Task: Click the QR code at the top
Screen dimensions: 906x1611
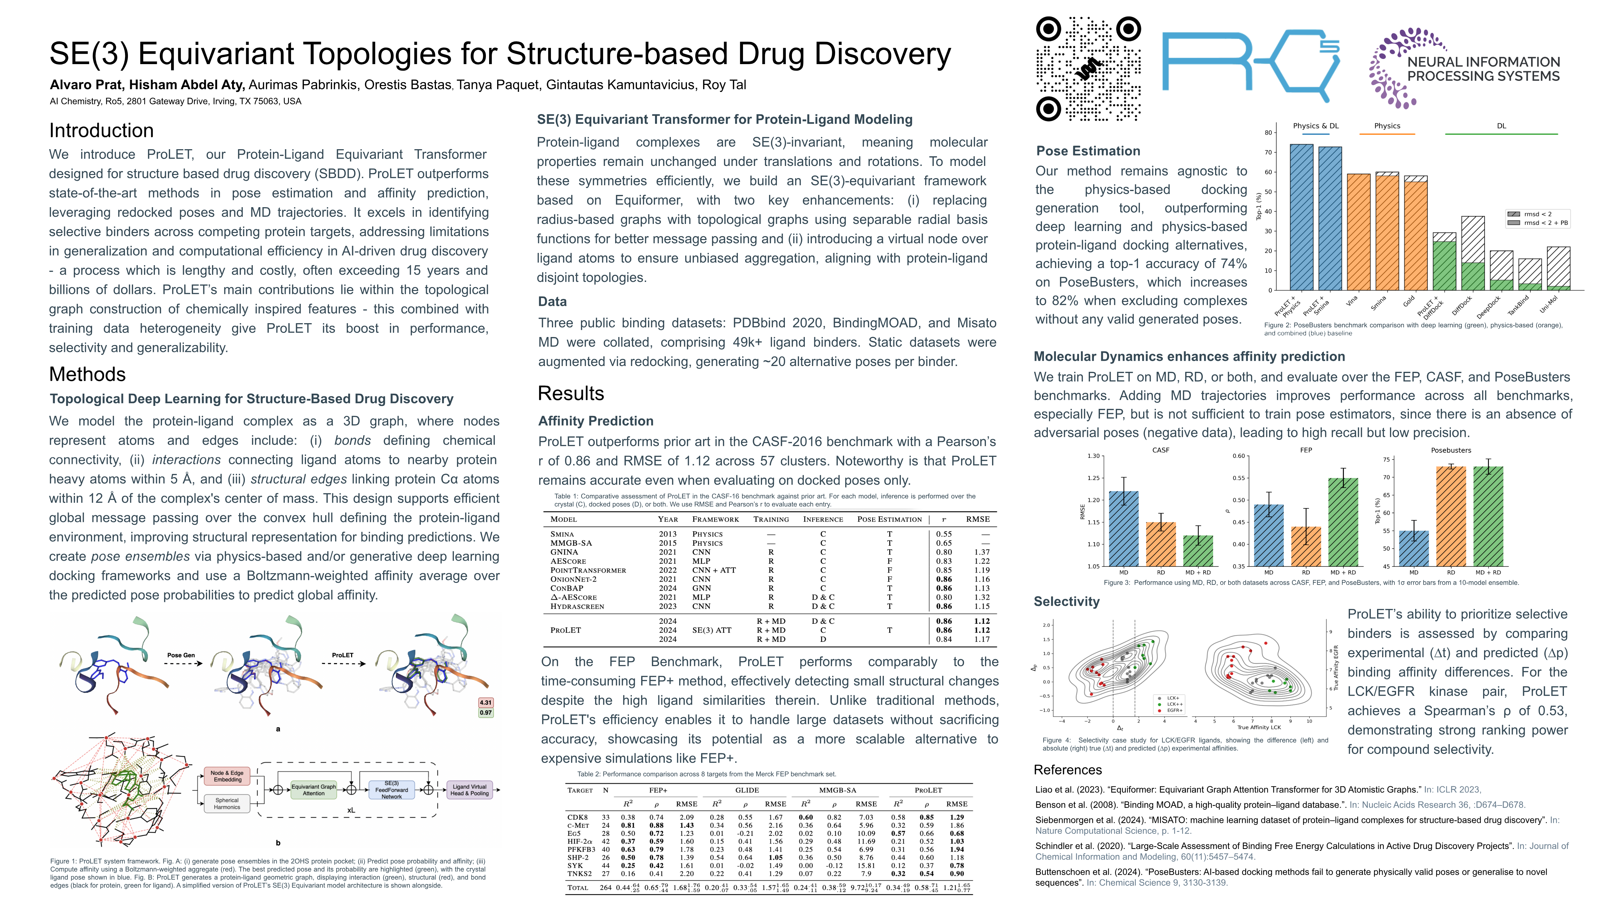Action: click(1088, 69)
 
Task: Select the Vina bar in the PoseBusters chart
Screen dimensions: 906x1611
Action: click(1358, 231)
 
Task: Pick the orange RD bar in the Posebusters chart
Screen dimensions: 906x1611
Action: click(1451, 516)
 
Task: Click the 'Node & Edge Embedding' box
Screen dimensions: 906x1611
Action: click(227, 776)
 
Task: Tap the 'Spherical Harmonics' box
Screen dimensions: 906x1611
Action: click(227, 804)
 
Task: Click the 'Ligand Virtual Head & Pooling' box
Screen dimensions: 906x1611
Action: click(470, 790)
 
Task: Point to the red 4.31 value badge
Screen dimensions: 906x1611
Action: click(485, 702)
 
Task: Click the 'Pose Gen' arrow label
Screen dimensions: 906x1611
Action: click(181, 655)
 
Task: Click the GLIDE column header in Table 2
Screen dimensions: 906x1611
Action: click(747, 790)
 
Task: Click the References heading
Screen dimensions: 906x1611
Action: click(1067, 770)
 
